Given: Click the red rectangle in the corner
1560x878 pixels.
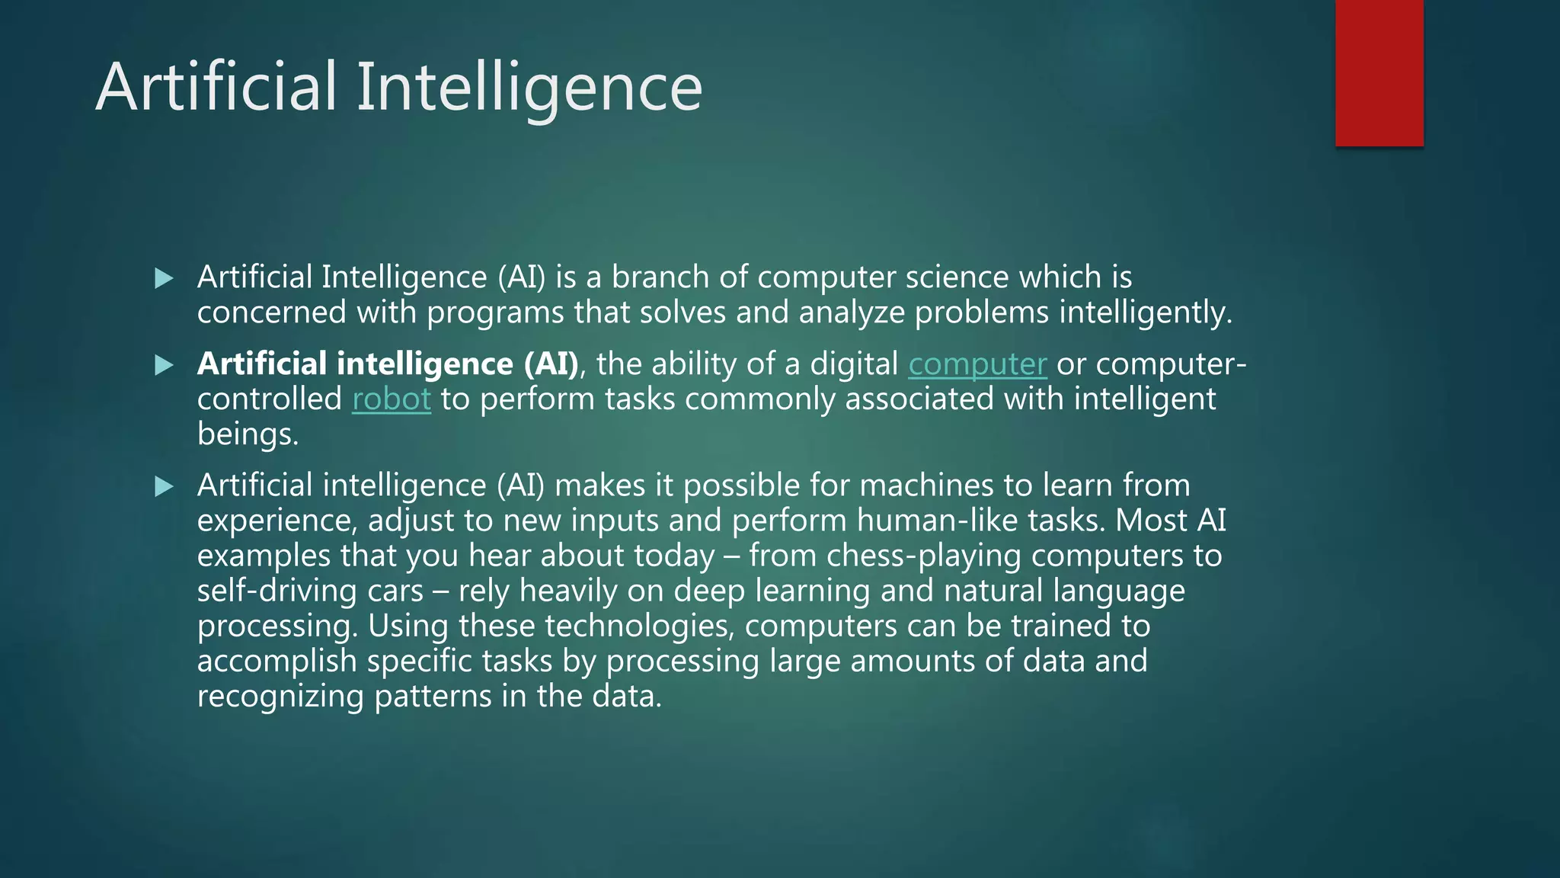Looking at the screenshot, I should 1379,73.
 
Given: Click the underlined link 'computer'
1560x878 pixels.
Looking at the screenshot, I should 977,364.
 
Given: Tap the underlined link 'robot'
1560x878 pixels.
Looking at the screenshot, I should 391,399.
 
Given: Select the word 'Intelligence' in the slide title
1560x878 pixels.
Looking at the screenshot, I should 529,88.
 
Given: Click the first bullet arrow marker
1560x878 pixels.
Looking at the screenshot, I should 164,278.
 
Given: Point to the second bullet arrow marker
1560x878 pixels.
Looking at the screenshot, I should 164,365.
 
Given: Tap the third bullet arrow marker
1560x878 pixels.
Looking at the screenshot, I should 164,486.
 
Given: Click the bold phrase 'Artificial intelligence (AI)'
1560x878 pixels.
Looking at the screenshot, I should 388,364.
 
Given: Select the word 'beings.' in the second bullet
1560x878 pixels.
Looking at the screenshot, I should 248,434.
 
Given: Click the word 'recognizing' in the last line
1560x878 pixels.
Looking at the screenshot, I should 280,697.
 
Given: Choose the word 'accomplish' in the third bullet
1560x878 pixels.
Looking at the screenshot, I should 277,662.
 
